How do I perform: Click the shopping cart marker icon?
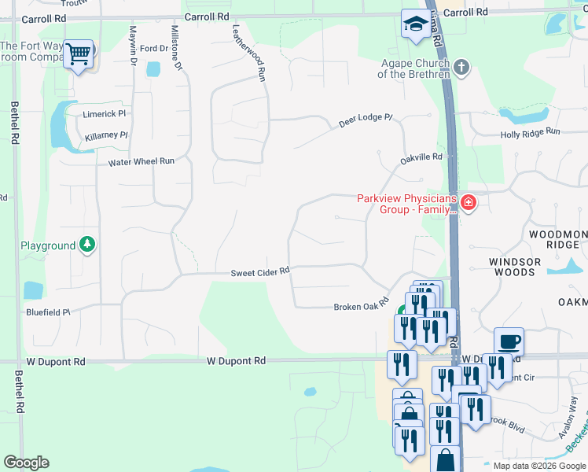[79, 54]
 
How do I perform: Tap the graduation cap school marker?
[413, 24]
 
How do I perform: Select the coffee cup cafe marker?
[509, 341]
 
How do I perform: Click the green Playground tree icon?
[87, 245]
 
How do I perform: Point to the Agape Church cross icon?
[461, 68]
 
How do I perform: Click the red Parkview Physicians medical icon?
[469, 204]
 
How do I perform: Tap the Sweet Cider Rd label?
[260, 272]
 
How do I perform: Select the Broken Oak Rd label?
[362, 305]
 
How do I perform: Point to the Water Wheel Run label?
[141, 161]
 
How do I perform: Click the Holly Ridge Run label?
[531, 134]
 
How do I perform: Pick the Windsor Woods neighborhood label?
[515, 267]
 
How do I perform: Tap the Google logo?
[26, 463]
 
